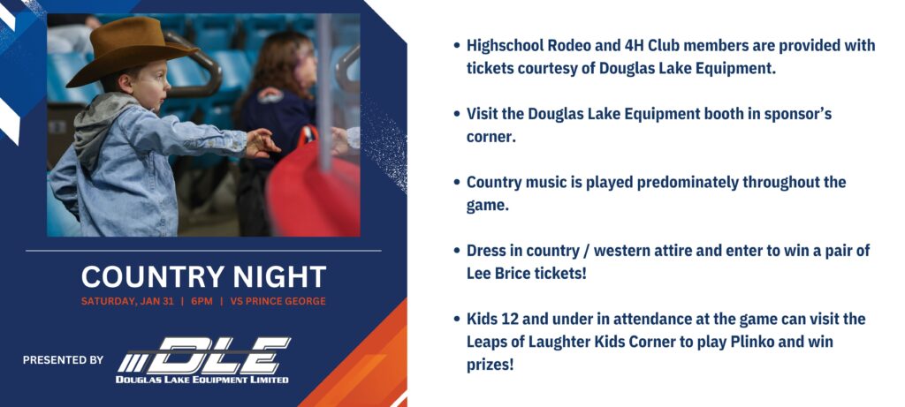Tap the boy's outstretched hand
point(262,142)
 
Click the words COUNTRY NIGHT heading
point(204,276)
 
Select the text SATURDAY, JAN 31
point(127,301)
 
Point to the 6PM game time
point(202,301)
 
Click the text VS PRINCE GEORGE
point(278,301)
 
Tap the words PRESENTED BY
point(63,359)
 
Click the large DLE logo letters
point(204,355)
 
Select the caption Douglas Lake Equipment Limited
point(202,380)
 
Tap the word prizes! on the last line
point(490,365)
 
